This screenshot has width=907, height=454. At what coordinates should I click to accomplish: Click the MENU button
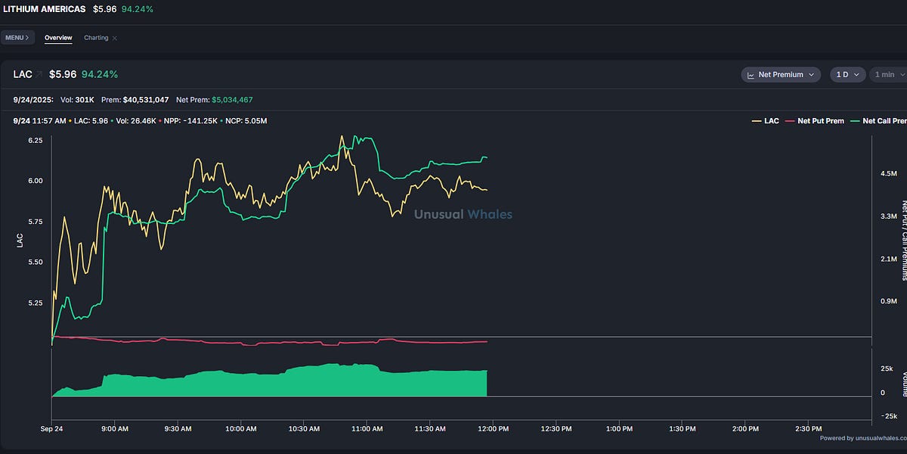coord(17,37)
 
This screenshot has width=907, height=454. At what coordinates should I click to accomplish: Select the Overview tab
coord(58,37)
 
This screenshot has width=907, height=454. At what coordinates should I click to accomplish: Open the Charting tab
coord(96,37)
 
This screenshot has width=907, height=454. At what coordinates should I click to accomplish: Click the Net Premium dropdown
coord(781,74)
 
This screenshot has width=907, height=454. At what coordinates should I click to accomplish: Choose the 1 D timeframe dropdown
coord(847,74)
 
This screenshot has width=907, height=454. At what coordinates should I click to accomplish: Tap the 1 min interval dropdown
coord(884,74)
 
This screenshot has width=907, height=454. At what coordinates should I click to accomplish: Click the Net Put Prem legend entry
coord(816,121)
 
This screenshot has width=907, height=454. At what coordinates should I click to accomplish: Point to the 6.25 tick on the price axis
coord(35,140)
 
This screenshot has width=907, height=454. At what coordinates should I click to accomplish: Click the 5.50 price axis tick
coord(35,262)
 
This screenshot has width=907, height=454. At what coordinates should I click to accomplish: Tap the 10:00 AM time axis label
coord(241,428)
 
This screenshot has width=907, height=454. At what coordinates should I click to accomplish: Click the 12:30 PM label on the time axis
coord(556,428)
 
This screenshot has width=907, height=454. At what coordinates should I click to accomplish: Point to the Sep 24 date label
coord(51,428)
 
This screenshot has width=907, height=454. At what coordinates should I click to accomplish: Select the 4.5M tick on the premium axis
coord(888,173)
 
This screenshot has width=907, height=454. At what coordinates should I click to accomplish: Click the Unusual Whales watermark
coord(463,214)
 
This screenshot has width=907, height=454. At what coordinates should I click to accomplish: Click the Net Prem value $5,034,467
coord(232,99)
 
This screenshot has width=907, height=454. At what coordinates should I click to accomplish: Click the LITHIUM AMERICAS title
coord(45,9)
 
